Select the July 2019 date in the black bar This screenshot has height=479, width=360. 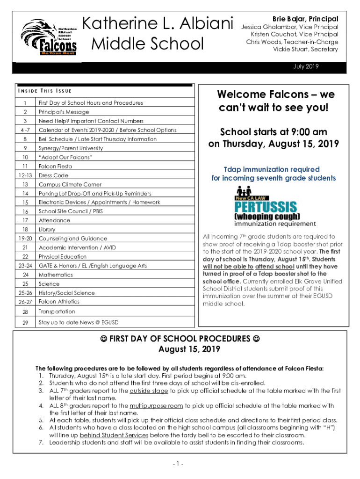[x=306, y=67]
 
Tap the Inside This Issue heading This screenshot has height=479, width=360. [x=44, y=91]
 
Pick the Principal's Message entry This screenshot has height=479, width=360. [x=63, y=112]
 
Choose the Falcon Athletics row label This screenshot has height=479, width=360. [x=59, y=302]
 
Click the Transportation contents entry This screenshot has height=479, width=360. [x=57, y=312]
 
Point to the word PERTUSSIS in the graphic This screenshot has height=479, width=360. [x=265, y=206]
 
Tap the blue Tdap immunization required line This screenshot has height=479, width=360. [x=271, y=169]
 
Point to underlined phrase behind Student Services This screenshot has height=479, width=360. [x=108, y=435]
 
